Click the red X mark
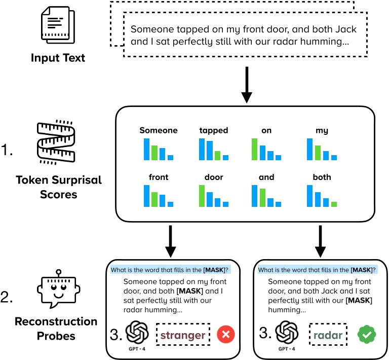[226, 335]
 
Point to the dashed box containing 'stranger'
[183, 335]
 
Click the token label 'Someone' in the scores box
[158, 131]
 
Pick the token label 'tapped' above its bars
[214, 131]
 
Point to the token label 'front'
[158, 177]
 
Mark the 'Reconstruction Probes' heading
[56, 328]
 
